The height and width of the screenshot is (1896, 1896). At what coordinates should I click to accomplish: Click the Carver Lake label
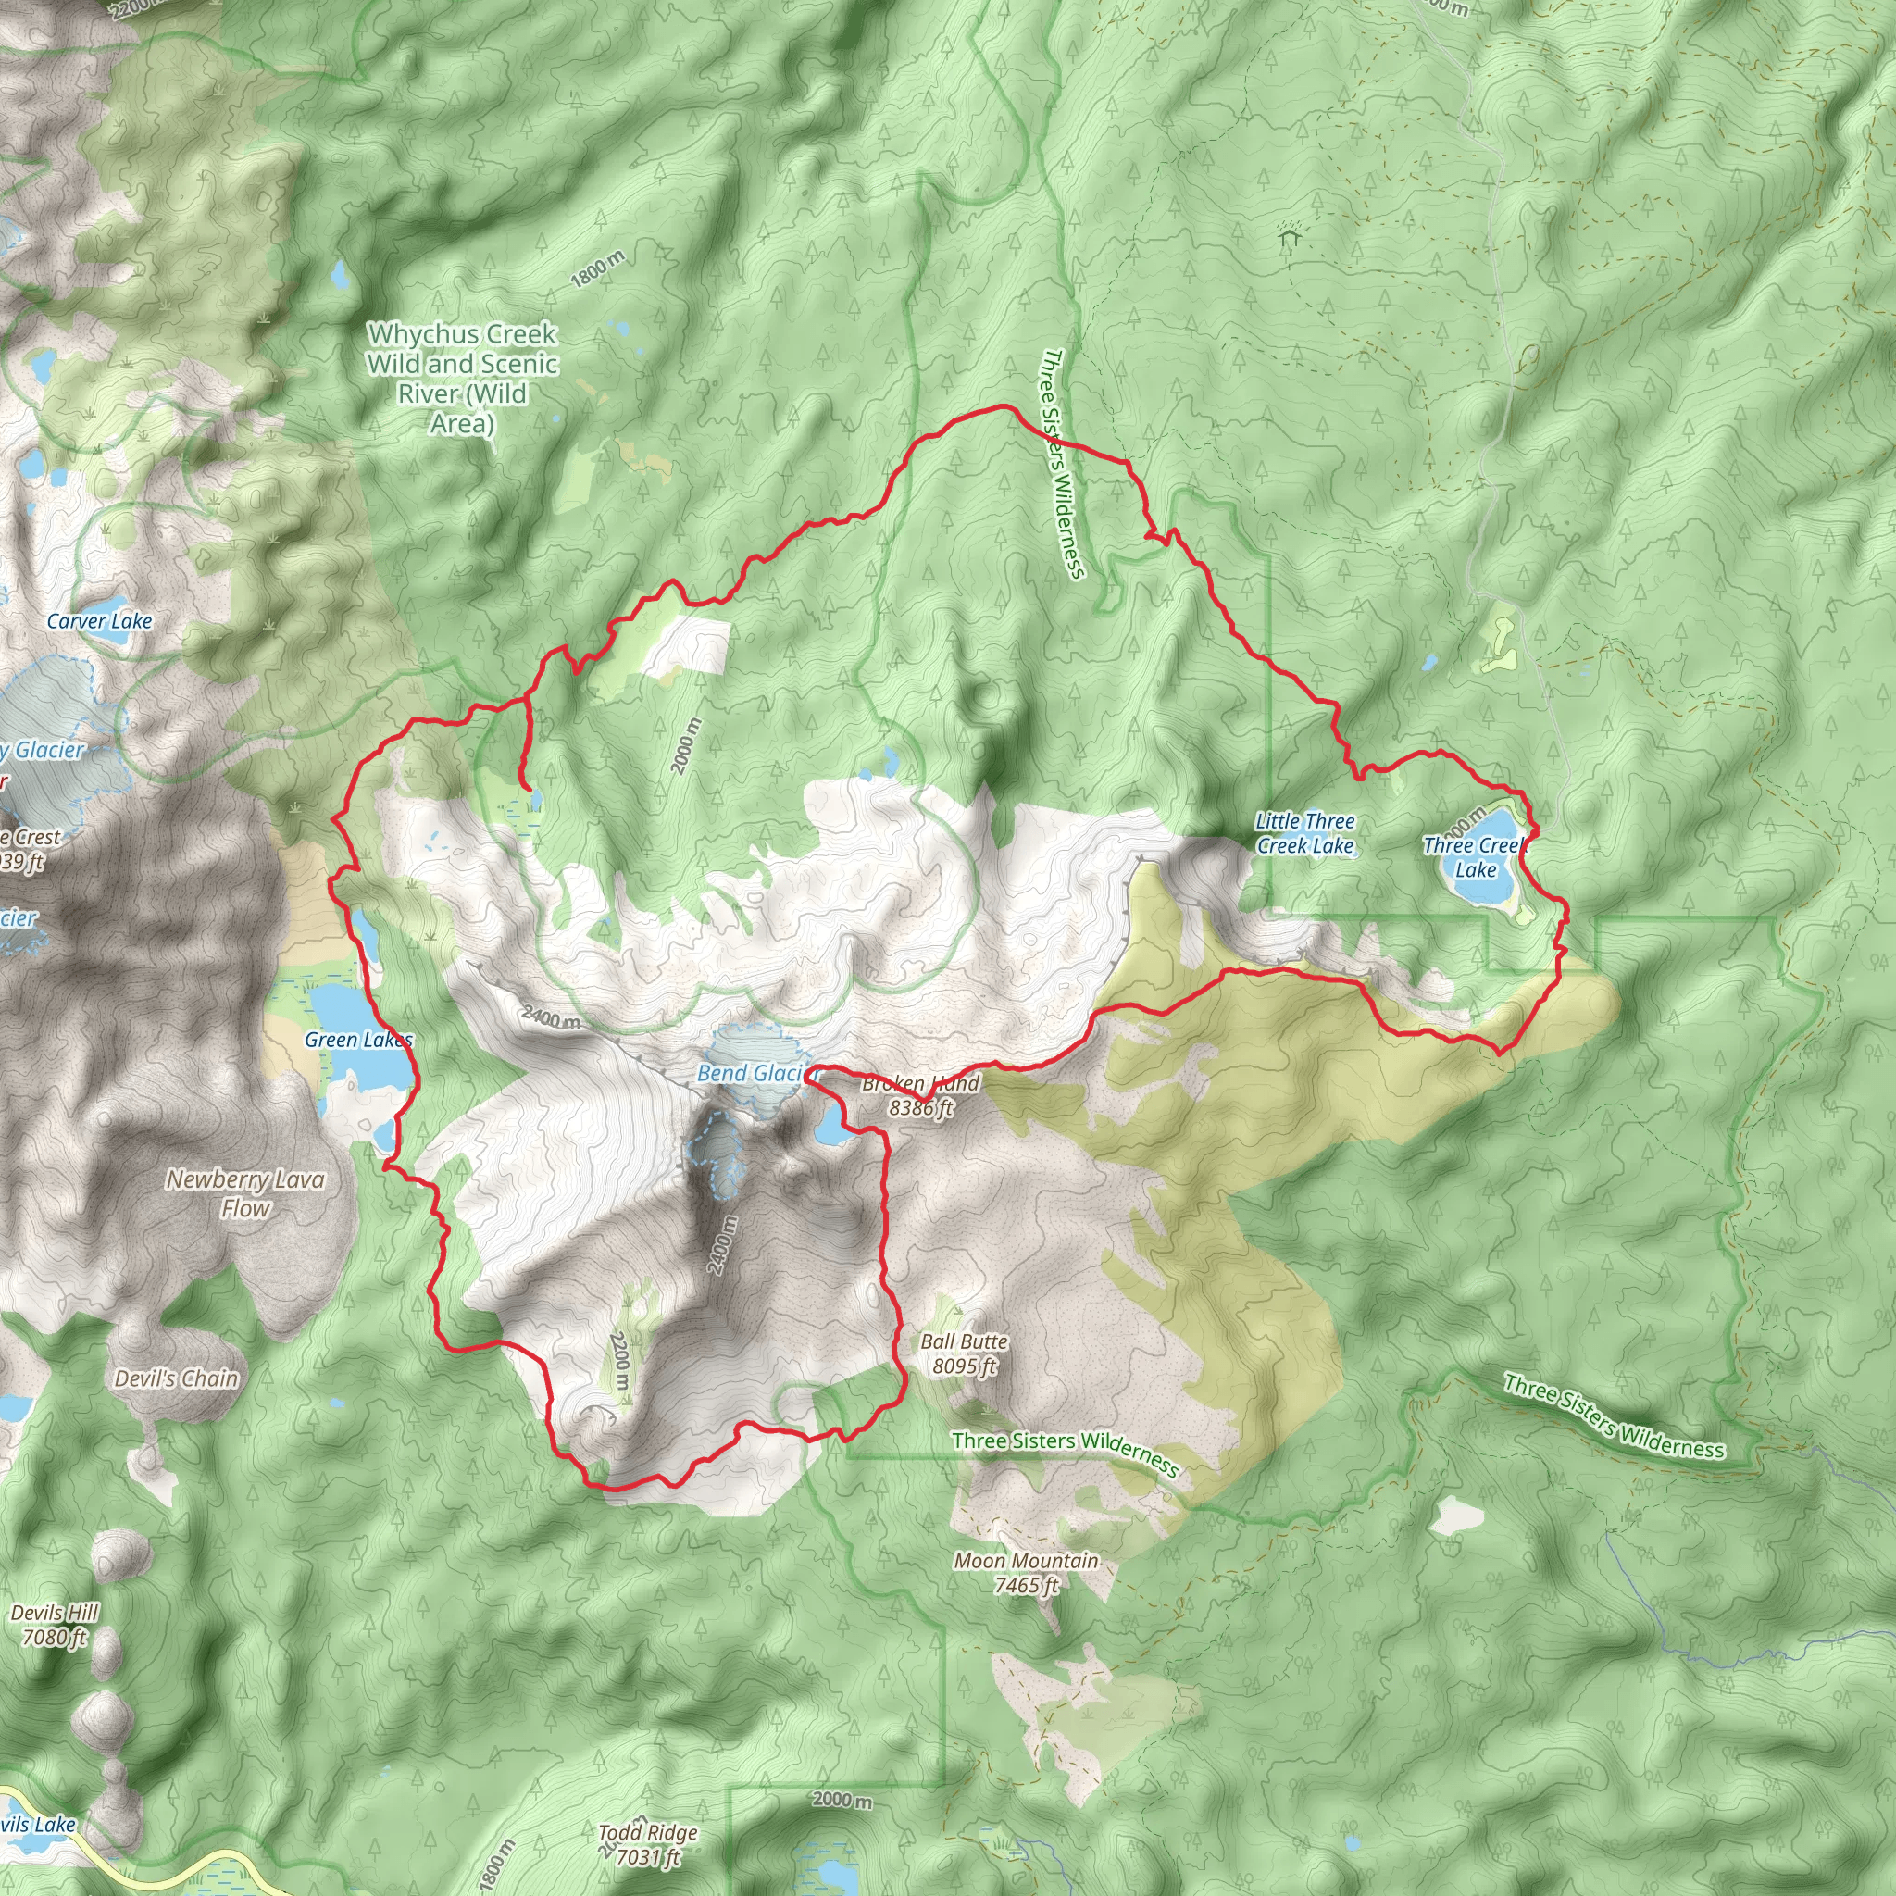tap(99, 621)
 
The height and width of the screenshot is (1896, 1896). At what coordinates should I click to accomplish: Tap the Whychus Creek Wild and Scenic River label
tap(462, 379)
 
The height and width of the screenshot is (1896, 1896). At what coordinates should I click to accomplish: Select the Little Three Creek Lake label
tap(1304, 833)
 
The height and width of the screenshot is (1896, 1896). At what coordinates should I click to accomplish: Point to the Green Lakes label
tap(358, 1041)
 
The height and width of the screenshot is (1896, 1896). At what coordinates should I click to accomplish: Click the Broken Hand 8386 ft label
tap(920, 1096)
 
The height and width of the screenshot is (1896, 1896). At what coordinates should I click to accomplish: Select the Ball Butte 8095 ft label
tap(964, 1353)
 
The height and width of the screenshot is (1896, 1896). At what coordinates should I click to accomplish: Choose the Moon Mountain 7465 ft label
tap(1026, 1572)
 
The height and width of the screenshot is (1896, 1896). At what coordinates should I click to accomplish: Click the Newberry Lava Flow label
tap(244, 1193)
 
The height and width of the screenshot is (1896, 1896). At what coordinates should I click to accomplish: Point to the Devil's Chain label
tap(177, 1378)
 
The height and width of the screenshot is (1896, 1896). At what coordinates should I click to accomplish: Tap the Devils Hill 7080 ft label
tap(55, 1624)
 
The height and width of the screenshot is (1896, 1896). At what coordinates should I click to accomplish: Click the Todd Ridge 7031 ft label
tap(648, 1844)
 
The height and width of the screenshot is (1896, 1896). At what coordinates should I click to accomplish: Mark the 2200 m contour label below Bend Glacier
tap(620, 1360)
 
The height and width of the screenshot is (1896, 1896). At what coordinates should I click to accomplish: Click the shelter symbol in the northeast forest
tap(1289, 234)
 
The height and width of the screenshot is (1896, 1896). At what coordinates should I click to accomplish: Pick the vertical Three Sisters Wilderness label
tap(1063, 463)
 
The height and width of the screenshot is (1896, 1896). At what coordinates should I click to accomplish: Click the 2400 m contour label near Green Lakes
tap(551, 1017)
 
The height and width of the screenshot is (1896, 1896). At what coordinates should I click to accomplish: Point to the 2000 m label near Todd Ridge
tap(841, 1800)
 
